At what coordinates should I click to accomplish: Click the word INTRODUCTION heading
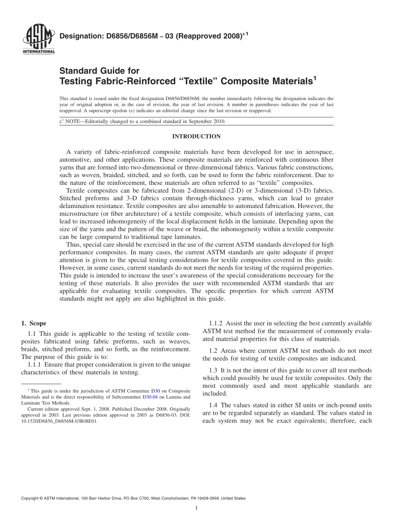click(x=196, y=136)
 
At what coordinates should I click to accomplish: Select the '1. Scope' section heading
click(x=34, y=323)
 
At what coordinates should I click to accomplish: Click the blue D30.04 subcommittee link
click(x=149, y=397)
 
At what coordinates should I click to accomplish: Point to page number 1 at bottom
click(x=196, y=508)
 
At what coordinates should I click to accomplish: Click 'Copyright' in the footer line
click(x=31, y=498)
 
